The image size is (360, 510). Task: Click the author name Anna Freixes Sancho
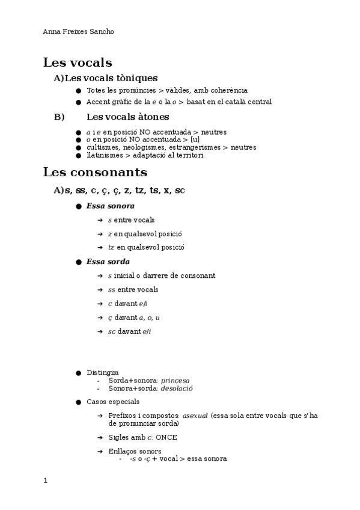pyautogui.click(x=78, y=31)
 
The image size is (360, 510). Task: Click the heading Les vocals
pyautogui.click(x=78, y=63)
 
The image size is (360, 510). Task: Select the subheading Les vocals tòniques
pyautogui.click(x=111, y=78)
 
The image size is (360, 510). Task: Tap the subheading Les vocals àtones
pyautogui.click(x=128, y=117)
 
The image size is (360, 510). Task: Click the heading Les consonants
pyautogui.click(x=95, y=173)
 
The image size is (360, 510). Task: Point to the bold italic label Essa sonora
pyautogui.click(x=111, y=206)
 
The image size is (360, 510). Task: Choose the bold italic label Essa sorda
pyautogui.click(x=108, y=262)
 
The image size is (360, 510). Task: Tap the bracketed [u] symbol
pyautogui.click(x=195, y=140)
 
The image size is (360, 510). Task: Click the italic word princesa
pyautogui.click(x=179, y=381)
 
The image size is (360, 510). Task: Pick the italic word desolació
pyautogui.click(x=176, y=389)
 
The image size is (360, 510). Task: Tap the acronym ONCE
pyautogui.click(x=166, y=437)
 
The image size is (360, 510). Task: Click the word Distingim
pyautogui.click(x=103, y=373)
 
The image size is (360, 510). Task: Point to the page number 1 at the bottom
pyautogui.click(x=45, y=481)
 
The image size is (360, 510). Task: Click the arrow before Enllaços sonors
pyautogui.click(x=100, y=452)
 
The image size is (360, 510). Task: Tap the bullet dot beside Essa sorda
pyautogui.click(x=78, y=262)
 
